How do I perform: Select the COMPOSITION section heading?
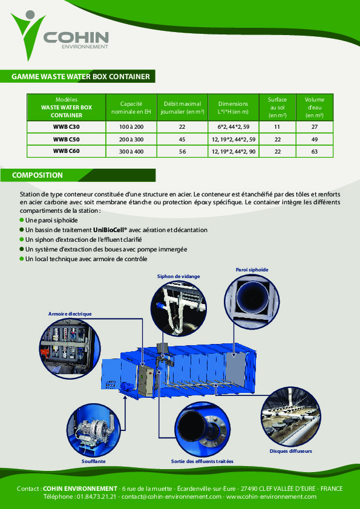click(38, 175)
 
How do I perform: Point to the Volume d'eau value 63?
click(314, 151)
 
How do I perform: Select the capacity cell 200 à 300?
click(131, 139)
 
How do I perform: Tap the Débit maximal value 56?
click(182, 151)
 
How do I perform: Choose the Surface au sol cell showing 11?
click(277, 127)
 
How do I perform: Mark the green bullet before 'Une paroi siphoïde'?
click(22, 221)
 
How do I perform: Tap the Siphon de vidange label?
click(178, 276)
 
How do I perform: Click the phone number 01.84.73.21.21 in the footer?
click(97, 496)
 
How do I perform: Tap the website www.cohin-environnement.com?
click(271, 496)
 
